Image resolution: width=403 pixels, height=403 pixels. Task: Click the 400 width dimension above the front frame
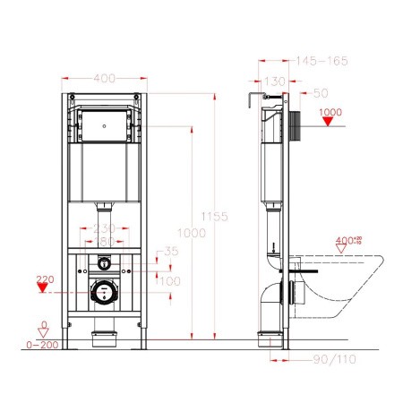click(105, 80)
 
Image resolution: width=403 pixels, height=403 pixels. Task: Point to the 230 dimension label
click(105, 228)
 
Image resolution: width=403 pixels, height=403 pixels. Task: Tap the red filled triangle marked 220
click(40, 288)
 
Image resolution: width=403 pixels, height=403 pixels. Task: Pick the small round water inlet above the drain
click(105, 264)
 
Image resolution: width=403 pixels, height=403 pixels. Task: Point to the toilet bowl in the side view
click(345, 287)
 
